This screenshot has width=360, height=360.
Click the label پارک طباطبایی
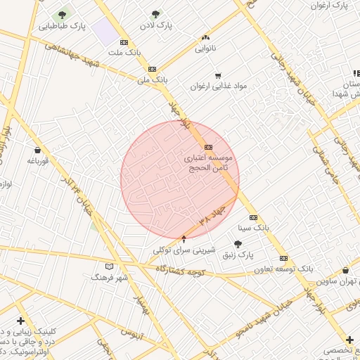click(x=61, y=26)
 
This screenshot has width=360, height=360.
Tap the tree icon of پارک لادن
click(x=155, y=13)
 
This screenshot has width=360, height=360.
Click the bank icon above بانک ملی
click(x=152, y=69)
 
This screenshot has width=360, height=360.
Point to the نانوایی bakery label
click(x=206, y=49)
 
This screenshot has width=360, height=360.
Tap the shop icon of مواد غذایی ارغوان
click(x=218, y=75)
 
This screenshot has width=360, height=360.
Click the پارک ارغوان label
click(x=330, y=6)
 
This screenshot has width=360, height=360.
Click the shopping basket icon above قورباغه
click(x=37, y=150)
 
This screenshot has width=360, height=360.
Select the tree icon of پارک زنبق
click(x=238, y=244)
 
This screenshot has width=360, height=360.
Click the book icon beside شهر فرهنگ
click(x=108, y=266)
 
